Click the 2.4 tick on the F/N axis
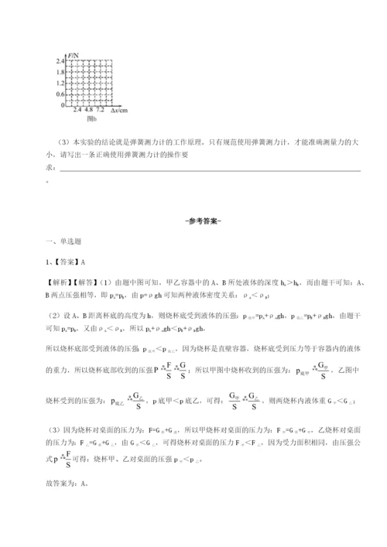pyautogui.click(x=59, y=60)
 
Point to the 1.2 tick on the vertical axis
pyautogui.click(x=59, y=82)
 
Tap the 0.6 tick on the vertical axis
pyautogui.click(x=59, y=93)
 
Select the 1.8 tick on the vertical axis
pyautogui.click(x=59, y=70)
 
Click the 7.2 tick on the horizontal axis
pyautogui.click(x=100, y=111)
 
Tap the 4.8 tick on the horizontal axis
pyautogui.click(x=88, y=111)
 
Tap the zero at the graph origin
pyautogui.click(x=62, y=104)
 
